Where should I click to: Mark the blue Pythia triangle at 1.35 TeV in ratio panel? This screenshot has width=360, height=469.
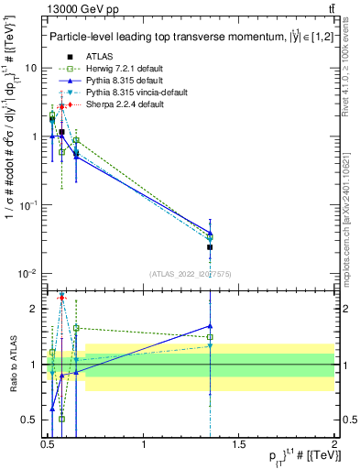(x=211, y=325)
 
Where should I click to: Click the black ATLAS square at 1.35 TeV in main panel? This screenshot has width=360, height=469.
(x=211, y=247)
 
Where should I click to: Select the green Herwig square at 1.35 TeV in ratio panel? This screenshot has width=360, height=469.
(x=211, y=336)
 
